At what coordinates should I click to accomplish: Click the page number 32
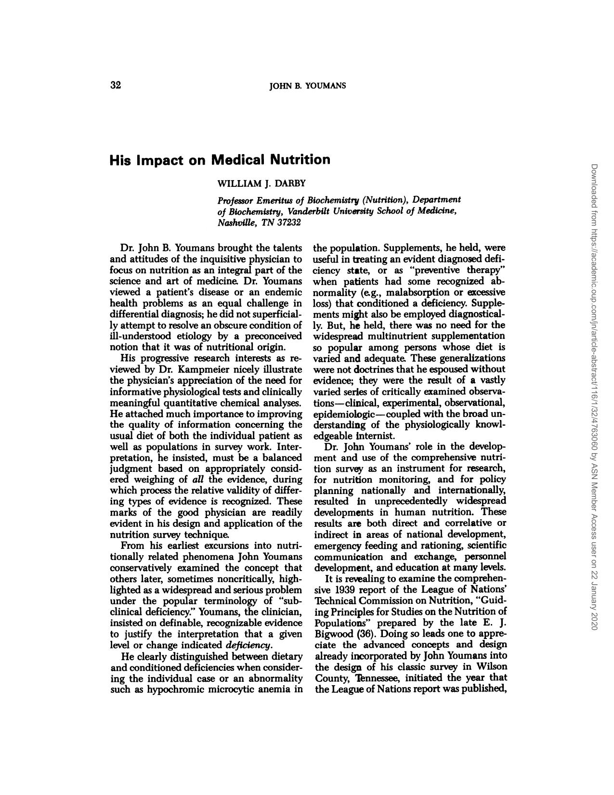point(116,86)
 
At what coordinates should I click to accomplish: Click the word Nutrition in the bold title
point(300,159)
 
